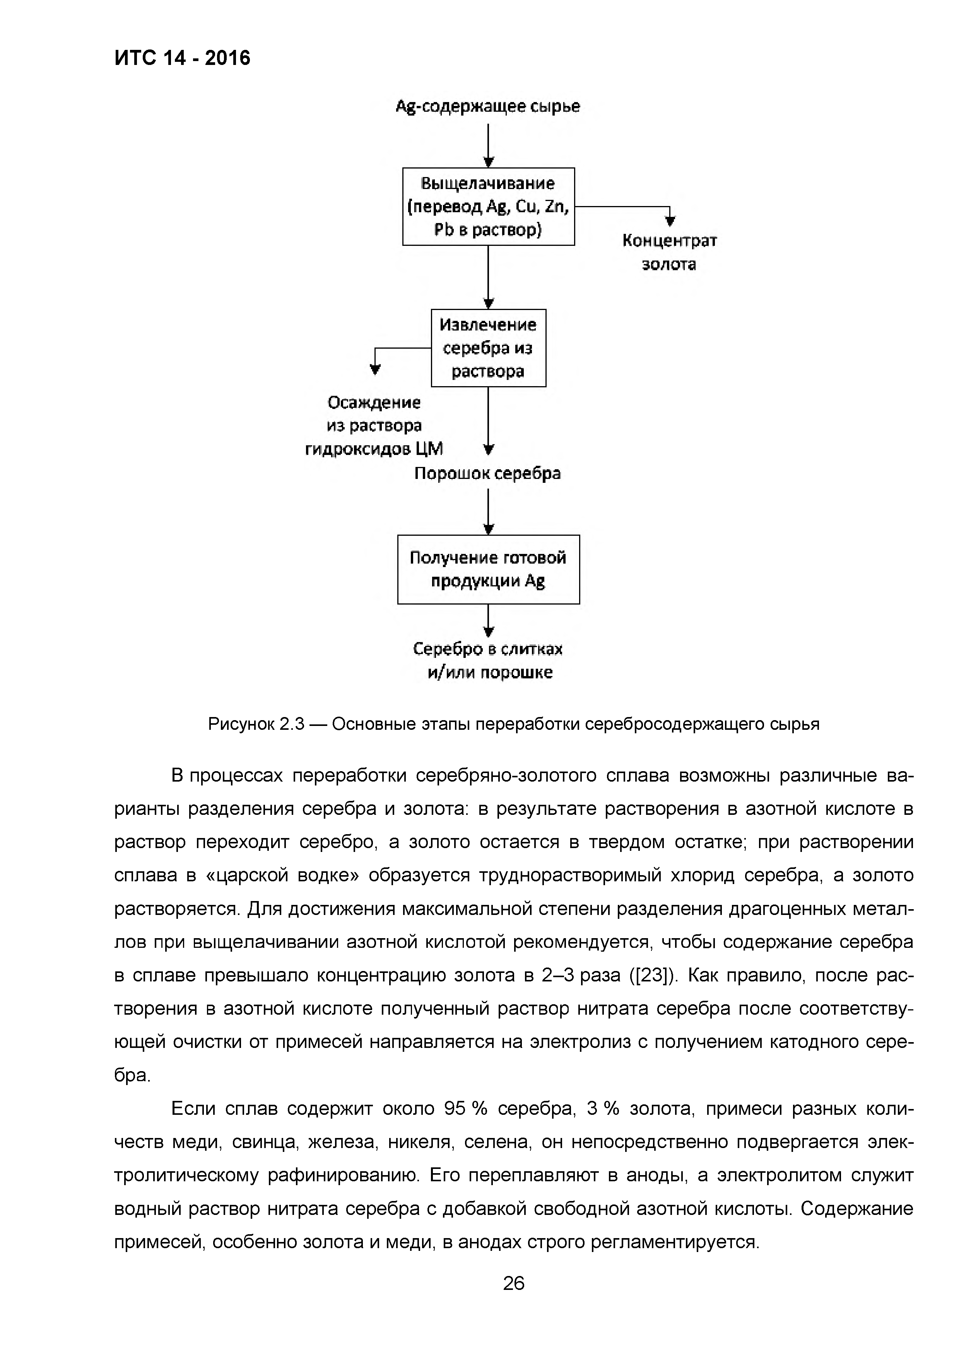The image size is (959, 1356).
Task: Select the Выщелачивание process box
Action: click(x=488, y=206)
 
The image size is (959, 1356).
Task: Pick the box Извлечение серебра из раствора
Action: click(x=488, y=348)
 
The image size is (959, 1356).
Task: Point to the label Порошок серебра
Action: click(x=487, y=474)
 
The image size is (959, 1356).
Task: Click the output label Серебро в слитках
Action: click(x=487, y=649)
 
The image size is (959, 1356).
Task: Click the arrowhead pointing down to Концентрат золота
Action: click(x=670, y=221)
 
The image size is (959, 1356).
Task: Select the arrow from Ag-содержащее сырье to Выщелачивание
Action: click(x=488, y=145)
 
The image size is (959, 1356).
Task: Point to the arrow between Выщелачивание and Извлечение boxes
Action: click(x=488, y=276)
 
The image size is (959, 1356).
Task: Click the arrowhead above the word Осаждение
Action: click(x=374, y=370)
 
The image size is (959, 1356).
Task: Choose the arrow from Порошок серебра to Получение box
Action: click(x=488, y=511)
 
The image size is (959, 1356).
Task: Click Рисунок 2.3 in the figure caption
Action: click(x=255, y=724)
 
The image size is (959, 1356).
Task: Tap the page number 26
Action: click(x=513, y=1283)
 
